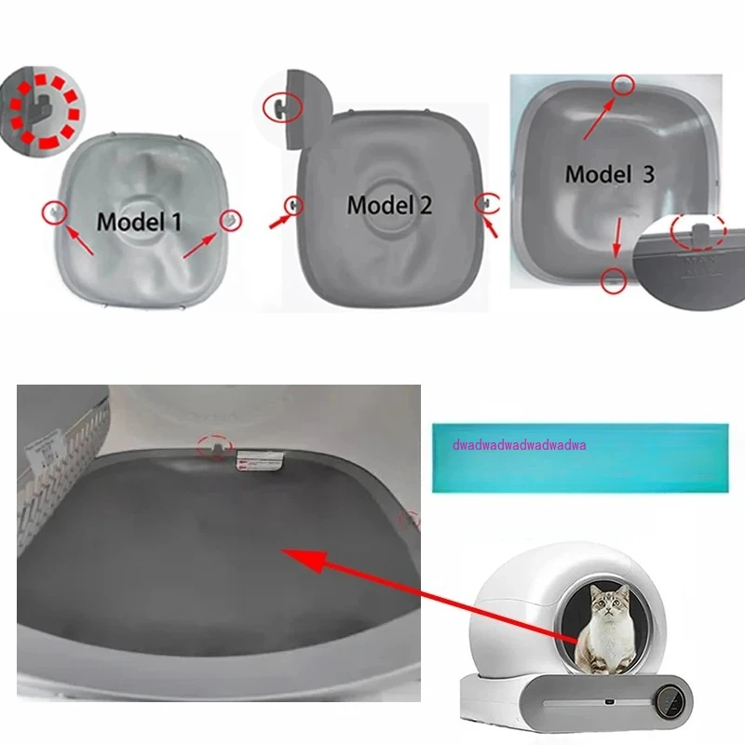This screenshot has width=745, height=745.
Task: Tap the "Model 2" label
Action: click(389, 205)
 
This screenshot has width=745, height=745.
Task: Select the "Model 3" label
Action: click(610, 173)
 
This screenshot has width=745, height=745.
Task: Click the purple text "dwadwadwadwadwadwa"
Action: click(519, 445)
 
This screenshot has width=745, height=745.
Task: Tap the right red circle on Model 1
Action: click(227, 218)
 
